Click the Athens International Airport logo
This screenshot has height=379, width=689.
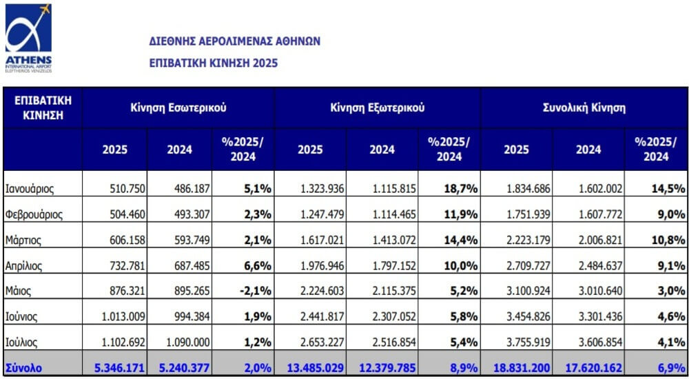28,39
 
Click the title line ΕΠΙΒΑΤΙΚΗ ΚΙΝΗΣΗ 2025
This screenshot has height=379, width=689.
214,63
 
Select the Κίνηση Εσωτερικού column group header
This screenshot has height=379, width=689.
178,107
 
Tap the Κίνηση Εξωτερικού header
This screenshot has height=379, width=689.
378,107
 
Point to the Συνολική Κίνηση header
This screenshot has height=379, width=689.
584,107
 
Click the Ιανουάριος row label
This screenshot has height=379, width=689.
30,189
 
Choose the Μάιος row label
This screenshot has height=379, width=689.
18,291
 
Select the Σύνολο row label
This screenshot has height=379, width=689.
23,367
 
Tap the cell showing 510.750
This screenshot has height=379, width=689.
127,189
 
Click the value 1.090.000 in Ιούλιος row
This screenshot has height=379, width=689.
188,342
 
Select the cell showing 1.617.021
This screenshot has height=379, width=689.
322,240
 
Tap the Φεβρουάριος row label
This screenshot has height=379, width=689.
34,215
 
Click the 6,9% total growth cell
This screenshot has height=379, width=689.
672,367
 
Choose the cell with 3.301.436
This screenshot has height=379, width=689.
601,316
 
